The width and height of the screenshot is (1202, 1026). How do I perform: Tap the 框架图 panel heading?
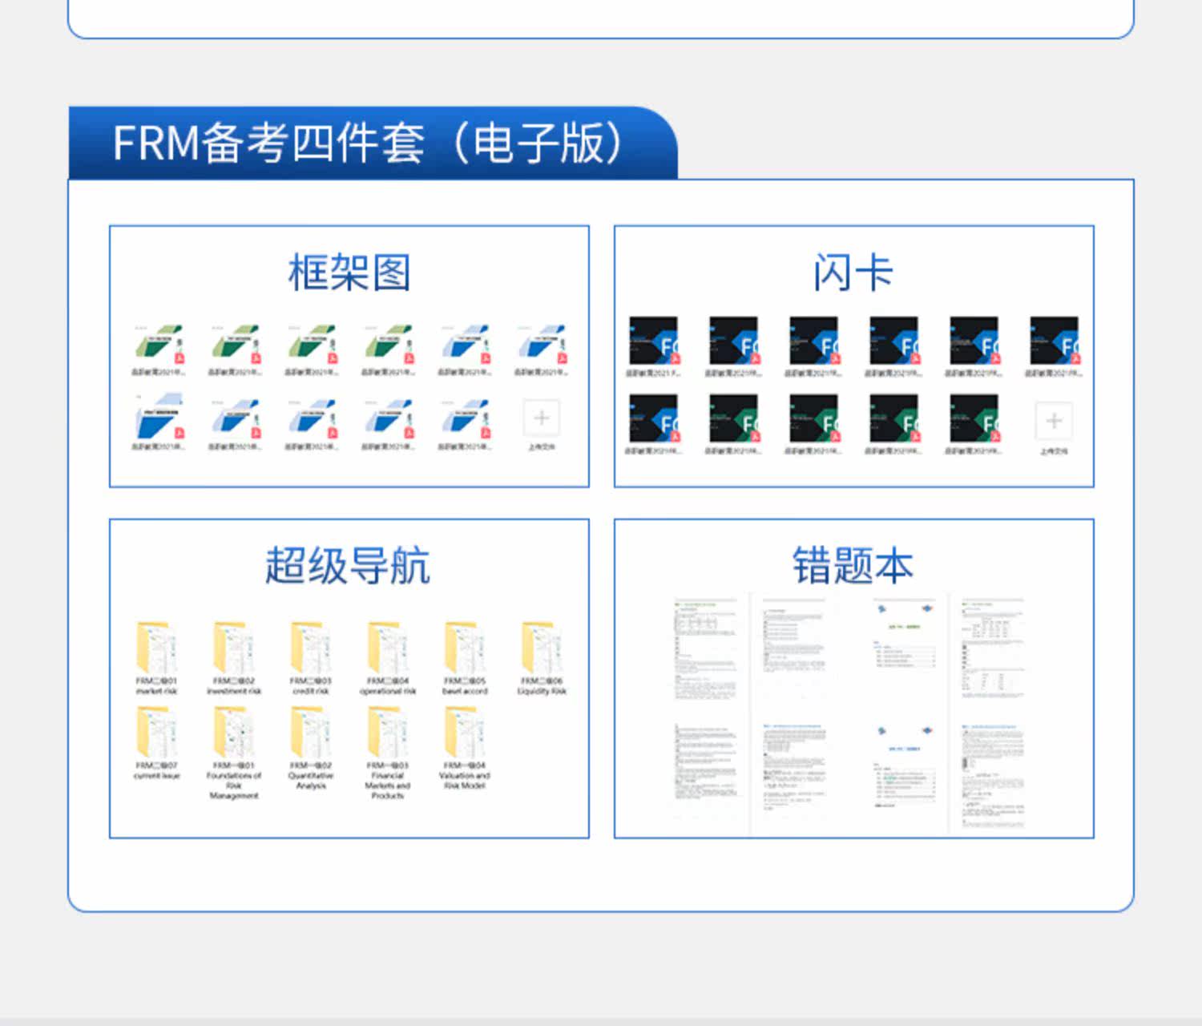[x=349, y=273]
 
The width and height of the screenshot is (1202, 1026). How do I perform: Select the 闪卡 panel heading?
[x=853, y=273]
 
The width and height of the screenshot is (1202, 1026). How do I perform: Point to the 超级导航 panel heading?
[x=348, y=566]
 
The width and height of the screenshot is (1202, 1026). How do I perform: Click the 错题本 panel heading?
[x=853, y=566]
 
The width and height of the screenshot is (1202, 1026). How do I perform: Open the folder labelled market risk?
[x=156, y=648]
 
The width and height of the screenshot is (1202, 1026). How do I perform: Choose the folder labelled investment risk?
[x=233, y=648]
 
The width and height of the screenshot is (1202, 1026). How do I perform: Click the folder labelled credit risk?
[x=310, y=648]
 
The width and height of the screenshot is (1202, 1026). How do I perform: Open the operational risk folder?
[x=387, y=648]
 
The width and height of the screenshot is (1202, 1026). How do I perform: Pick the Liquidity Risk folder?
[x=542, y=648]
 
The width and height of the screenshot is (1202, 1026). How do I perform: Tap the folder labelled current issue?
[x=156, y=733]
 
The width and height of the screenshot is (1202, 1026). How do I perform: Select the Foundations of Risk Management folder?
[x=233, y=733]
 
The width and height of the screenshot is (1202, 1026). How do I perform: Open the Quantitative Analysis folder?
[x=310, y=733]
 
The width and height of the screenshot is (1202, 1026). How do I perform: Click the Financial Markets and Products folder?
[x=387, y=733]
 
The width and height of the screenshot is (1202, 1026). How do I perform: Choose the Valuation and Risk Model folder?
[x=464, y=733]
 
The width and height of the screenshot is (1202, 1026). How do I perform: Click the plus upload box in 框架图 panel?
[x=542, y=418]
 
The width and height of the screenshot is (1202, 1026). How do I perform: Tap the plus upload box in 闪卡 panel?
[x=1054, y=421]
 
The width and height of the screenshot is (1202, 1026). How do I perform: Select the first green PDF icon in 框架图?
[x=158, y=344]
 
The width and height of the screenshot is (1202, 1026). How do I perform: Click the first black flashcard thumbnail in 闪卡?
[x=653, y=341]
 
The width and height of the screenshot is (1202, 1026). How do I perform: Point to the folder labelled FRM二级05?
[x=464, y=648]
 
